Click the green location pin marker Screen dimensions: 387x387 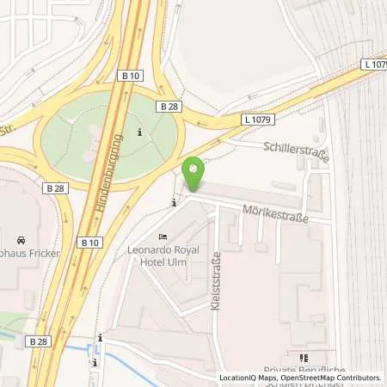point(195,175)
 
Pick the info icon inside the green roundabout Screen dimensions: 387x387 point(140,132)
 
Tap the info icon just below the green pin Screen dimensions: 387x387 point(175,203)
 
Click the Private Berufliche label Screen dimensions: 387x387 point(304,371)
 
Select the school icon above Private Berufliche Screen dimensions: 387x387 point(303,358)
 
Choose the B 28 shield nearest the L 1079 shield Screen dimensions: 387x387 point(168,105)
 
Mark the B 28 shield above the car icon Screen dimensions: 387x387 point(54,187)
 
